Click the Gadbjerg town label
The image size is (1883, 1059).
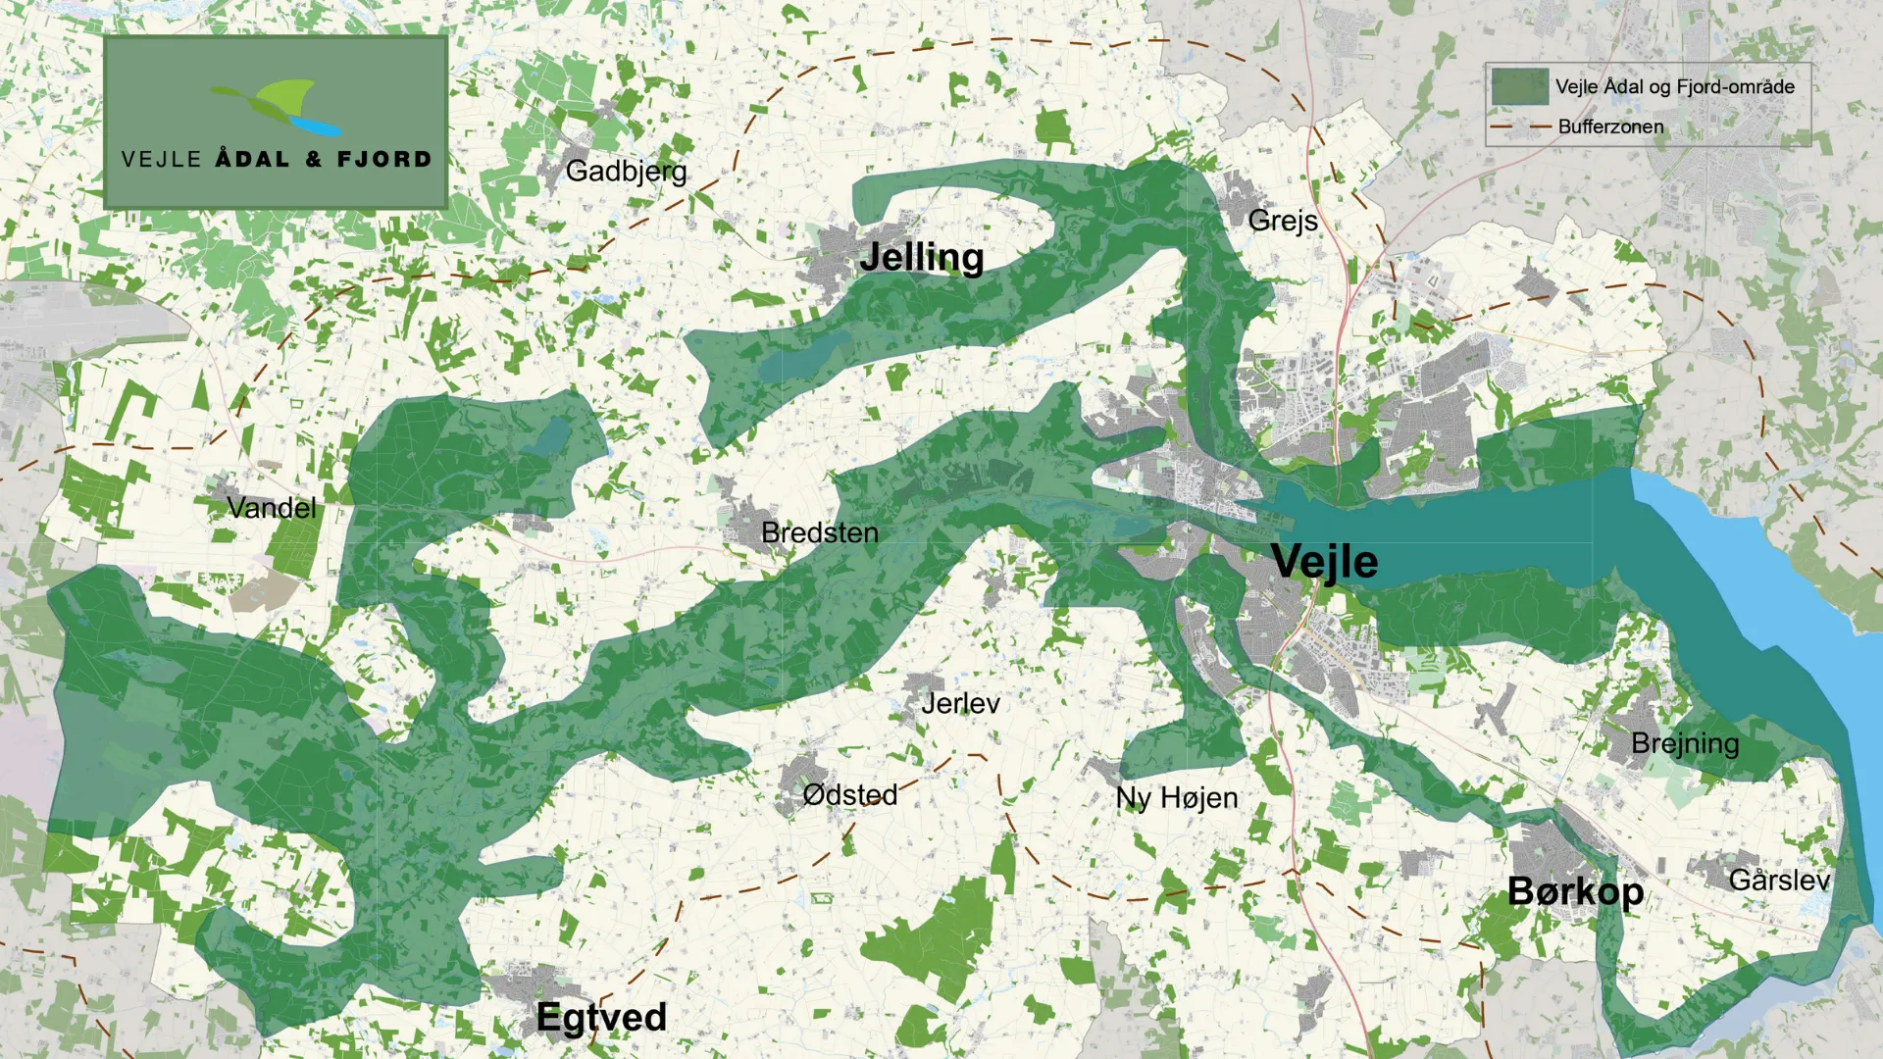point(626,172)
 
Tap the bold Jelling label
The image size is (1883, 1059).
point(921,257)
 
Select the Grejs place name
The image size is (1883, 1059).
point(1282,221)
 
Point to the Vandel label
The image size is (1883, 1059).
point(271,508)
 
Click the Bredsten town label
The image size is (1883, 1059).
point(819,533)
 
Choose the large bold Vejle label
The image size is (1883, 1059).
point(1324,562)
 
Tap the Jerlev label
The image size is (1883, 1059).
point(960,703)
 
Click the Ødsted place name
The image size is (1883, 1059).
point(849,794)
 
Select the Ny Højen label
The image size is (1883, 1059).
point(1176,798)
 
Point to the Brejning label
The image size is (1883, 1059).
point(1684,744)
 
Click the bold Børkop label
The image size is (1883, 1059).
point(1574,891)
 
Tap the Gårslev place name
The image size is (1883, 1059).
point(1778,881)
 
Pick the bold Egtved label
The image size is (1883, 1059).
point(601,1018)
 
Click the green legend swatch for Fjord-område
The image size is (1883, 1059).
point(1519,86)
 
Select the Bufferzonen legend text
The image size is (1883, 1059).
point(1610,126)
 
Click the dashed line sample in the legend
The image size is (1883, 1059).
point(1519,126)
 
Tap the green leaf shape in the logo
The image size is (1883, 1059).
point(284,97)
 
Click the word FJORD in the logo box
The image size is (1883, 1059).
point(383,160)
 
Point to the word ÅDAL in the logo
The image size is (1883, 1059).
point(252,159)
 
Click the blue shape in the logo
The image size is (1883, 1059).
point(316,126)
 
